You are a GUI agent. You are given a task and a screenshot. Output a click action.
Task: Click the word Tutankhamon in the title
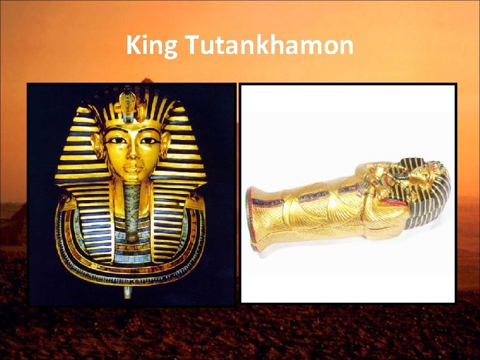click(x=268, y=46)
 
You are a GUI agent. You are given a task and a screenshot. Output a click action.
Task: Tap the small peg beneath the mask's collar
click(x=126, y=291)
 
